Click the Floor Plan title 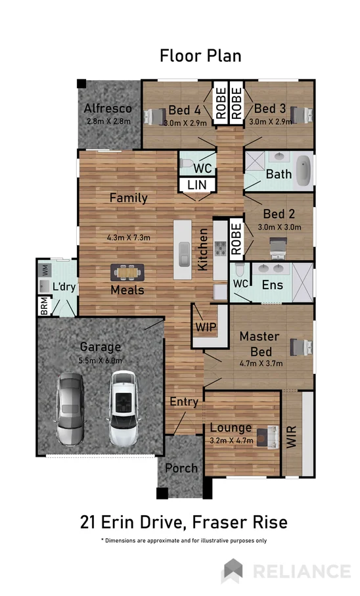[x=200, y=56]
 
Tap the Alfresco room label [x=108, y=108]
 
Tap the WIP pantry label [x=206, y=327]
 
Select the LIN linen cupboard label [x=196, y=186]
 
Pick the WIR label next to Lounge [x=291, y=437]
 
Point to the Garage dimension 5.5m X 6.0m [x=101, y=360]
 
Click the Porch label [x=181, y=469]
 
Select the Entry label [x=183, y=401]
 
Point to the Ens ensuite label [x=272, y=286]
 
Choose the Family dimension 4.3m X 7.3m [x=129, y=237]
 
